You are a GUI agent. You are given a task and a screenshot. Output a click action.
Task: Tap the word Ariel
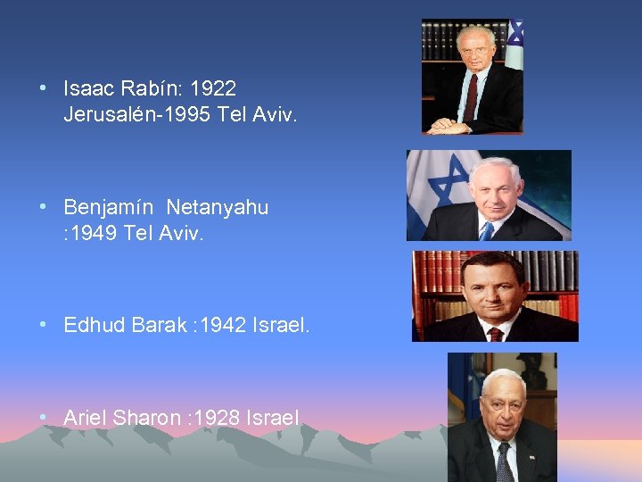pos(85,417)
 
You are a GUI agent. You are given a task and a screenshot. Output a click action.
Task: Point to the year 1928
pos(218,417)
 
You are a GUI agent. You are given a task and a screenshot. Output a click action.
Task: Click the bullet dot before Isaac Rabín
pos(44,88)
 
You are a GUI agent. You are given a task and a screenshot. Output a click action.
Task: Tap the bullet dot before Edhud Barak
pos(44,326)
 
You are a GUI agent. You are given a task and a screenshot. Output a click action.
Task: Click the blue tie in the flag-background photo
pos(486,230)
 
